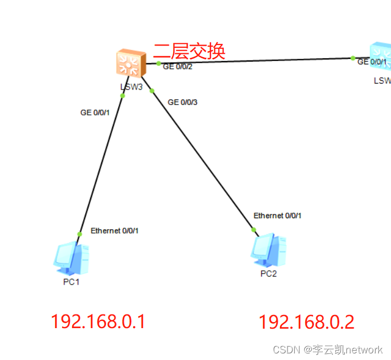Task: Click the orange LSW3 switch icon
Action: (131, 63)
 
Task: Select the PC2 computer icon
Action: (269, 250)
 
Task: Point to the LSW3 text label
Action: (131, 86)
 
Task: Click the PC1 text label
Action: (71, 282)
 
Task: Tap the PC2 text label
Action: (268, 274)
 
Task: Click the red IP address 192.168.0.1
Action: (98, 322)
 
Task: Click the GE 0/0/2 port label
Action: (178, 67)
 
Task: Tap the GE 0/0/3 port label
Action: (183, 102)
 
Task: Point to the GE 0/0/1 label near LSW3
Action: (95, 113)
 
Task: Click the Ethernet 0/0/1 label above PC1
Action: (114, 231)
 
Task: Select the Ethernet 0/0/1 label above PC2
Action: (277, 216)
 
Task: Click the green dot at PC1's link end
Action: (79, 234)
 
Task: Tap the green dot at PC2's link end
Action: (254, 230)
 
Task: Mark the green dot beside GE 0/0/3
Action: (152, 91)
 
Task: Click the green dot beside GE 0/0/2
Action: (158, 63)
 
